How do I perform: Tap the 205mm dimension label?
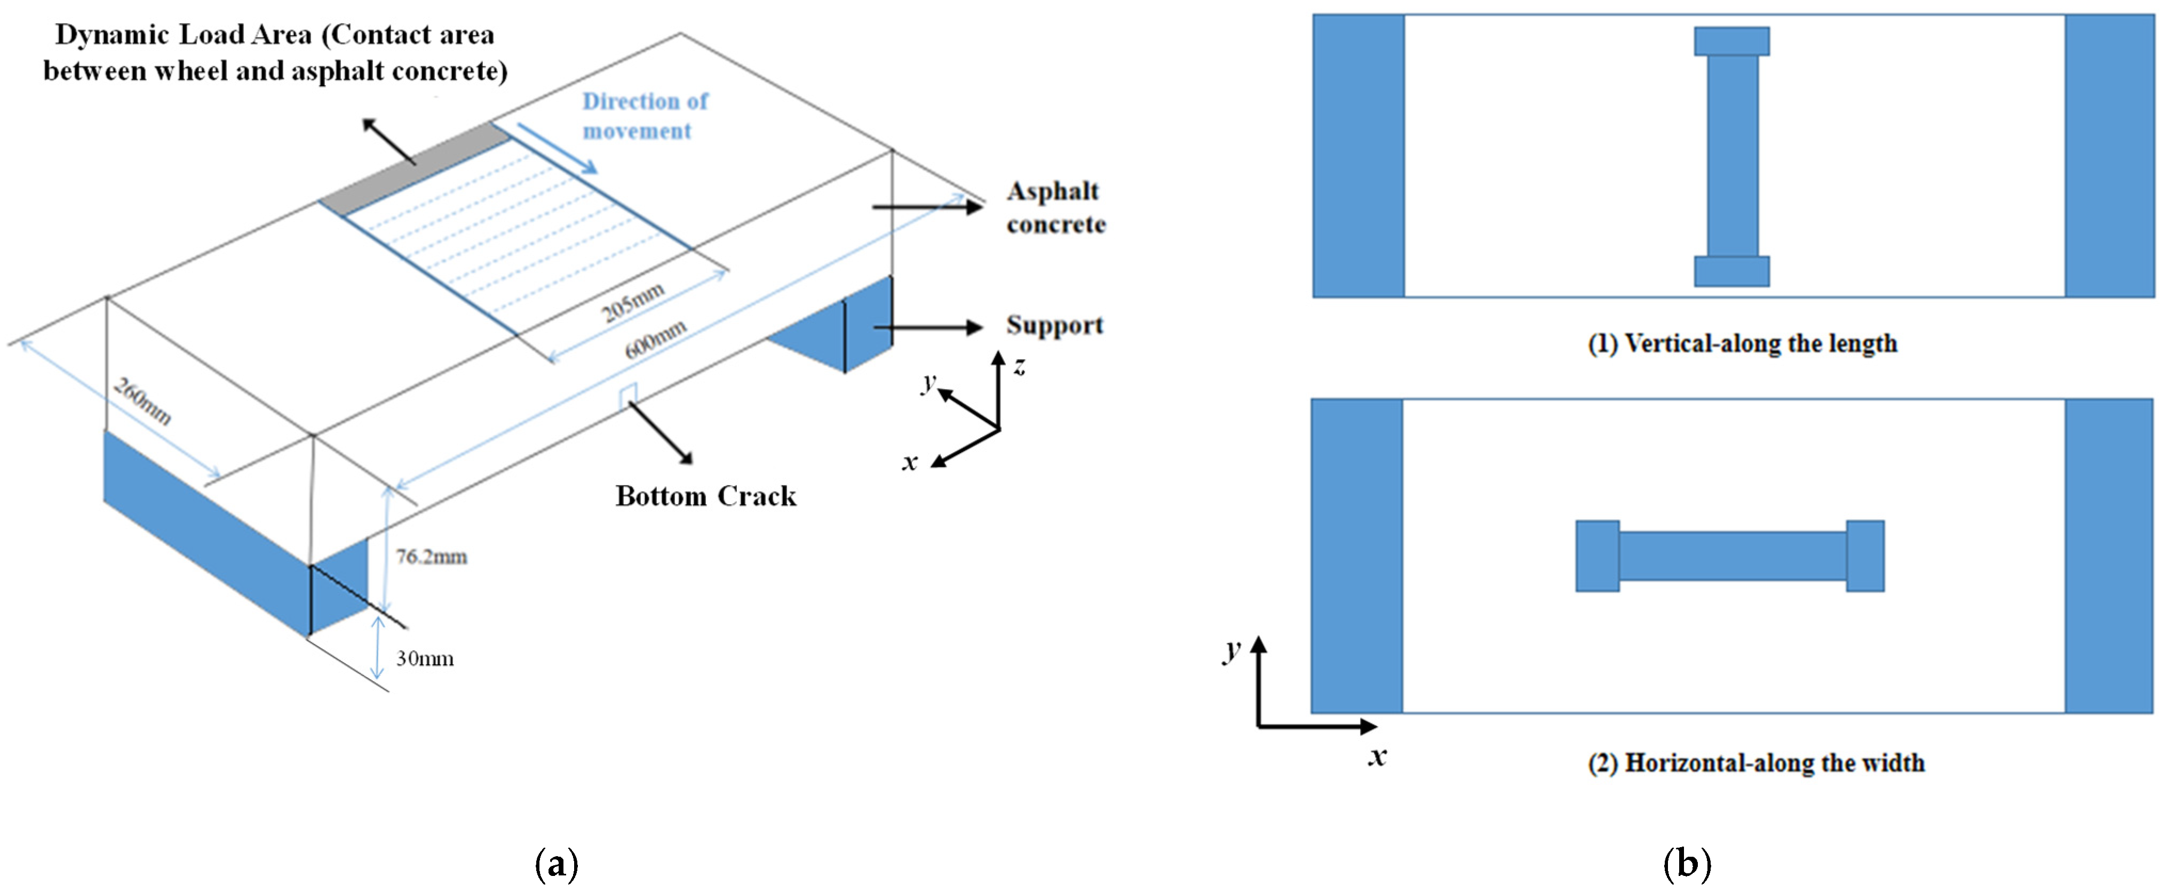(633, 301)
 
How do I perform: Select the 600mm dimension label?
(655, 339)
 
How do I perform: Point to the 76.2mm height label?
(431, 557)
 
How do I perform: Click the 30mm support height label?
(424, 658)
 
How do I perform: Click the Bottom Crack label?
(705, 496)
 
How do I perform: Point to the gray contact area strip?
(412, 169)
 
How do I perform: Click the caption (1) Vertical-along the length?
(1742, 343)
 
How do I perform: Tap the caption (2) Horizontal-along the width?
(1755, 762)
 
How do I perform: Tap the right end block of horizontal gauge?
(1865, 556)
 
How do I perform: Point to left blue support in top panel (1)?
(1358, 156)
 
